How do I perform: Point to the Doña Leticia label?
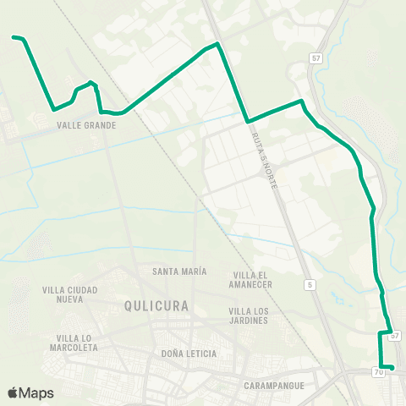pos(188,354)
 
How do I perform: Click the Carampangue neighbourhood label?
pos(273,386)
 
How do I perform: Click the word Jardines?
pos(249,321)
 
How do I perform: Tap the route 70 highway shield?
pos(377,370)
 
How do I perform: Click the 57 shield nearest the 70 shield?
pos(394,336)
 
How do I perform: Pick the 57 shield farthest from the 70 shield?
pos(315,58)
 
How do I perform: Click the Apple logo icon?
pos(13,392)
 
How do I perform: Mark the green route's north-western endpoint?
pos(14,37)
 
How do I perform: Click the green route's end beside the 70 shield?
pos(392,367)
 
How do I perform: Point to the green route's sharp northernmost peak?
pos(217,43)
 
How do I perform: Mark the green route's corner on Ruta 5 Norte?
pos(247,121)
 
